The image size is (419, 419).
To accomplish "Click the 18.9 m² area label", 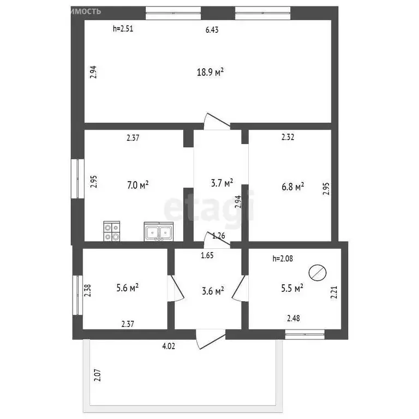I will (211, 71).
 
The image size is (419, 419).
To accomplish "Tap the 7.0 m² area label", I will (138, 185).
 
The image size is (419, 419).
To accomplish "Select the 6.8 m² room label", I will (293, 187).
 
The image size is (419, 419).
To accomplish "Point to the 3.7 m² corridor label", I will (222, 182).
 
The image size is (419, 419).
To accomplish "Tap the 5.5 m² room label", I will (292, 288).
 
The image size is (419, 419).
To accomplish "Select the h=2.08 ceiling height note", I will (283, 259).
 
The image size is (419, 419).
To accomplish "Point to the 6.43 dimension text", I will (212, 30).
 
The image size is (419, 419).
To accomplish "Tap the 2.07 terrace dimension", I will (98, 377).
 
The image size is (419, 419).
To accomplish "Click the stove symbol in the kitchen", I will (112, 232).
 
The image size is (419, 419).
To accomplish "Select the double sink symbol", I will (159, 232).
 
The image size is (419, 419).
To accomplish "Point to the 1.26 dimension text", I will (218, 236).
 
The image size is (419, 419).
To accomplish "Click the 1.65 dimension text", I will (207, 255).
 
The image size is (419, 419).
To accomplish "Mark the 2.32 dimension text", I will (288, 138).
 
